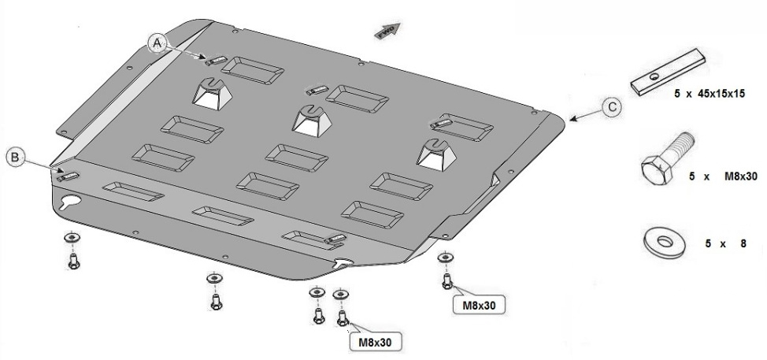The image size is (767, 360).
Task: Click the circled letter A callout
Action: (157, 43)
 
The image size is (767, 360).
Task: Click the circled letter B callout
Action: (15, 157)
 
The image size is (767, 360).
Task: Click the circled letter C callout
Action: (612, 107)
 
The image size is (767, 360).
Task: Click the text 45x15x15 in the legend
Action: (721, 94)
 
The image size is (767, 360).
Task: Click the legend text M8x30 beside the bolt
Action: (740, 176)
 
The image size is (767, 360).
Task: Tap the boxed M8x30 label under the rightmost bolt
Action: (479, 306)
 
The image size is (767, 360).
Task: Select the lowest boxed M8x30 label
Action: (375, 342)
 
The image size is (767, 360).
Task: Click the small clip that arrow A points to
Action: (216, 61)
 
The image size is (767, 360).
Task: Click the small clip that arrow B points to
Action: (69, 176)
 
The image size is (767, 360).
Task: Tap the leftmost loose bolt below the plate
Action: (74, 262)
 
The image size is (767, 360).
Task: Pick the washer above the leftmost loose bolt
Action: (72, 238)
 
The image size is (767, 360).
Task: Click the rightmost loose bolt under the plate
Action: (447, 280)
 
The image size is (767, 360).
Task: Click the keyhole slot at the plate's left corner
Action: (70, 202)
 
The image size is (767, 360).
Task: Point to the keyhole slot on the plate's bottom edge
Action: (344, 263)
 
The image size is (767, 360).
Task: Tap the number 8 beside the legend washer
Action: (743, 243)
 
